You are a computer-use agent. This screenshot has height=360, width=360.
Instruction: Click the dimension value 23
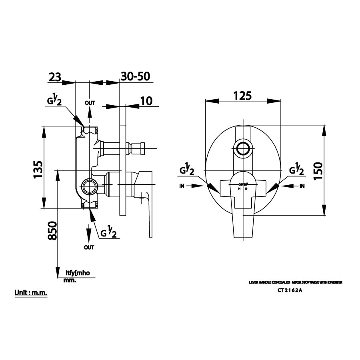pos(55,77)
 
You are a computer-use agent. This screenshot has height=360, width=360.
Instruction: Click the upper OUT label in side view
pos(90,103)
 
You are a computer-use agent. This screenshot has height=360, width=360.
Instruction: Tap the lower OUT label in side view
pos(89,247)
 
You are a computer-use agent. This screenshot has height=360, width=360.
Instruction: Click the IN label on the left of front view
pos(182,186)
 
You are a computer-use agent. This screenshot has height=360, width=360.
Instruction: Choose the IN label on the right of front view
pos(302,186)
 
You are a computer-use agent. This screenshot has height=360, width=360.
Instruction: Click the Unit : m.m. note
pos(31,293)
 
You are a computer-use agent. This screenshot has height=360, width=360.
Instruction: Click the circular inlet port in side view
pos(89,186)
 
